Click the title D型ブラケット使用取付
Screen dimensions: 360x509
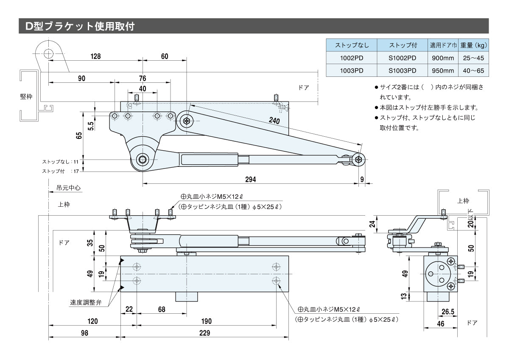point(80,26)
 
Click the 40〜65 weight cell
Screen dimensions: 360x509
point(474,71)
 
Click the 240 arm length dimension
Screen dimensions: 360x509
point(274,121)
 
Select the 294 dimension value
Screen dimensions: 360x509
point(250,180)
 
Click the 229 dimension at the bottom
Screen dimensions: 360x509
point(204,333)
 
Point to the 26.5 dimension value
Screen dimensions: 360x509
point(448,312)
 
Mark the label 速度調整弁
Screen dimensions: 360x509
point(86,303)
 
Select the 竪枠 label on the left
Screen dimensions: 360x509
point(26,96)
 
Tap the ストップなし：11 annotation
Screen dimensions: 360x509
point(60,162)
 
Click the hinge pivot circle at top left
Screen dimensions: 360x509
point(48,53)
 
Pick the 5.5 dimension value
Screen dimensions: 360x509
point(90,127)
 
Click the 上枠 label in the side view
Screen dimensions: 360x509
point(463,201)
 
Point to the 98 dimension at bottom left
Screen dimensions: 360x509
point(85,333)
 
